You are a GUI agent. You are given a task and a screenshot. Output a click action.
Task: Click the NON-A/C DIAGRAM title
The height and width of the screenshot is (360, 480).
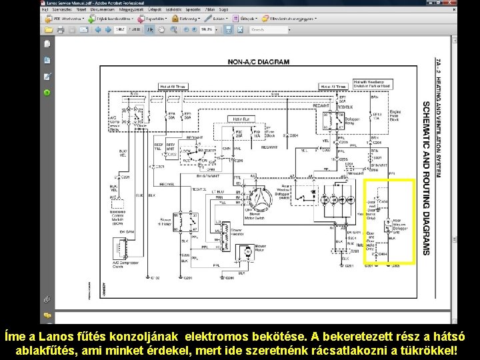[259, 62]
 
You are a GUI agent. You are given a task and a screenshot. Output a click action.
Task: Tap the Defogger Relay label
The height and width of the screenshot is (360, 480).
[353, 121]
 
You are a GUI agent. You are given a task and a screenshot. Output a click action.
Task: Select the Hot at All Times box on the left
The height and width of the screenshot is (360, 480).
[173, 87]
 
